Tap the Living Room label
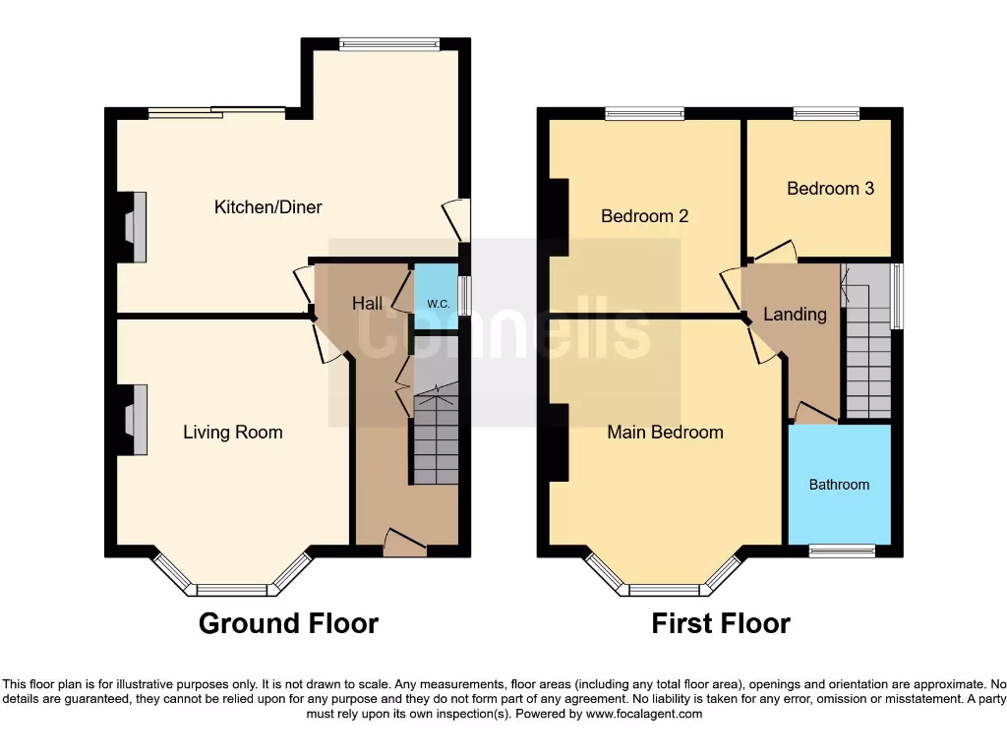(233, 433)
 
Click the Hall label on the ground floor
(368, 304)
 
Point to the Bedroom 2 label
(645, 216)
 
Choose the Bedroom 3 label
(830, 188)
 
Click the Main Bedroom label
(665, 433)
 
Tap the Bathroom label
(839, 485)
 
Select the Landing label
(795, 315)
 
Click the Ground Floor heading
(288, 623)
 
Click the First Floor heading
(721, 623)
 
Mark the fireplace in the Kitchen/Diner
(135, 227)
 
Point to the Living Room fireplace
(135, 420)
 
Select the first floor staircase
(867, 344)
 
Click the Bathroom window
(842, 552)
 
